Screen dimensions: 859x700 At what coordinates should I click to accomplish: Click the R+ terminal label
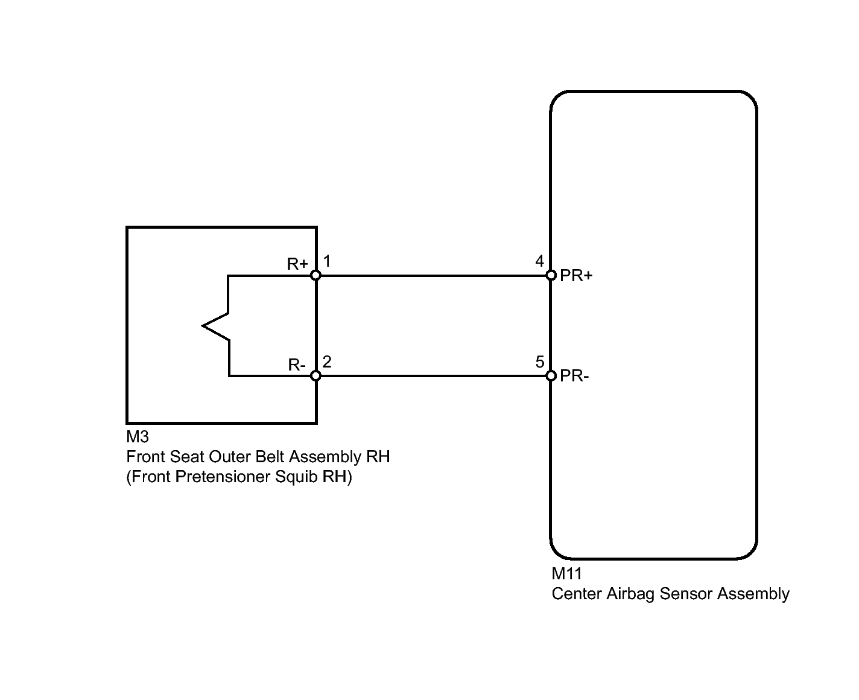click(297, 264)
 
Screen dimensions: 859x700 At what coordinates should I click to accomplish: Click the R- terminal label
click(297, 364)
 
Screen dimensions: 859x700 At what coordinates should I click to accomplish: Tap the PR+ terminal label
click(576, 276)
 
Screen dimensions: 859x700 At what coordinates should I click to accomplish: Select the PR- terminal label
click(574, 376)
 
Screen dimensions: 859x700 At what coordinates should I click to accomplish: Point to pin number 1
click(327, 261)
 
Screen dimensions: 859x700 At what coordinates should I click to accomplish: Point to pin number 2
click(327, 362)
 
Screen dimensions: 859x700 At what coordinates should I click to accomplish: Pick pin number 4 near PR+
click(540, 261)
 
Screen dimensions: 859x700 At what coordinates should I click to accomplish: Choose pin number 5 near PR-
click(540, 362)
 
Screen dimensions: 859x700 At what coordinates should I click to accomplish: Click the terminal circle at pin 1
click(315, 276)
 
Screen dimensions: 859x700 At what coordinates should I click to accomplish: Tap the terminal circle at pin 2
click(315, 376)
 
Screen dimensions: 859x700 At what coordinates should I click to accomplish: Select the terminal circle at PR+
click(551, 276)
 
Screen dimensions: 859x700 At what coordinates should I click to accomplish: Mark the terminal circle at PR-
click(551, 376)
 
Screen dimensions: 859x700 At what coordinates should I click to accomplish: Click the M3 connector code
click(138, 436)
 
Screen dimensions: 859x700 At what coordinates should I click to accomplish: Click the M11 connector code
click(566, 574)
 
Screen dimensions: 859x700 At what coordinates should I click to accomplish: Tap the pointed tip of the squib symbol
click(203, 326)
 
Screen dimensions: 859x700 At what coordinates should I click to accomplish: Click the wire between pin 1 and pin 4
click(434, 276)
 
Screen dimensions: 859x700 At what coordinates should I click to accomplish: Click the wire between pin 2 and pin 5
click(434, 376)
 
